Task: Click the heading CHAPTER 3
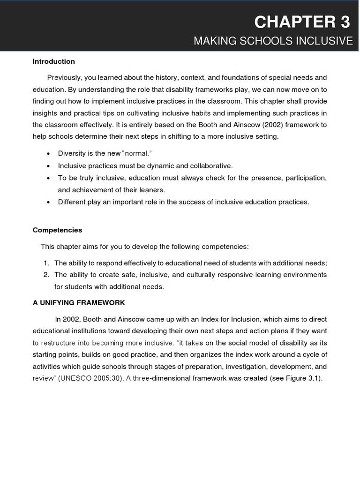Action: pyautogui.click(x=303, y=22)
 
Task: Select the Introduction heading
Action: pyautogui.click(x=53, y=61)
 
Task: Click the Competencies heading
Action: pyautogui.click(x=57, y=230)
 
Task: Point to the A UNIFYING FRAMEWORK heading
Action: pyautogui.click(x=79, y=303)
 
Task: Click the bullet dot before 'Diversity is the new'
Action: pyautogui.click(x=49, y=154)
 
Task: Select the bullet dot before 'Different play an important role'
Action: pyautogui.click(x=49, y=202)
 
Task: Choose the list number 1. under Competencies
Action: pyautogui.click(x=46, y=262)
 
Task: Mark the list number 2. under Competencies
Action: pyautogui.click(x=46, y=275)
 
